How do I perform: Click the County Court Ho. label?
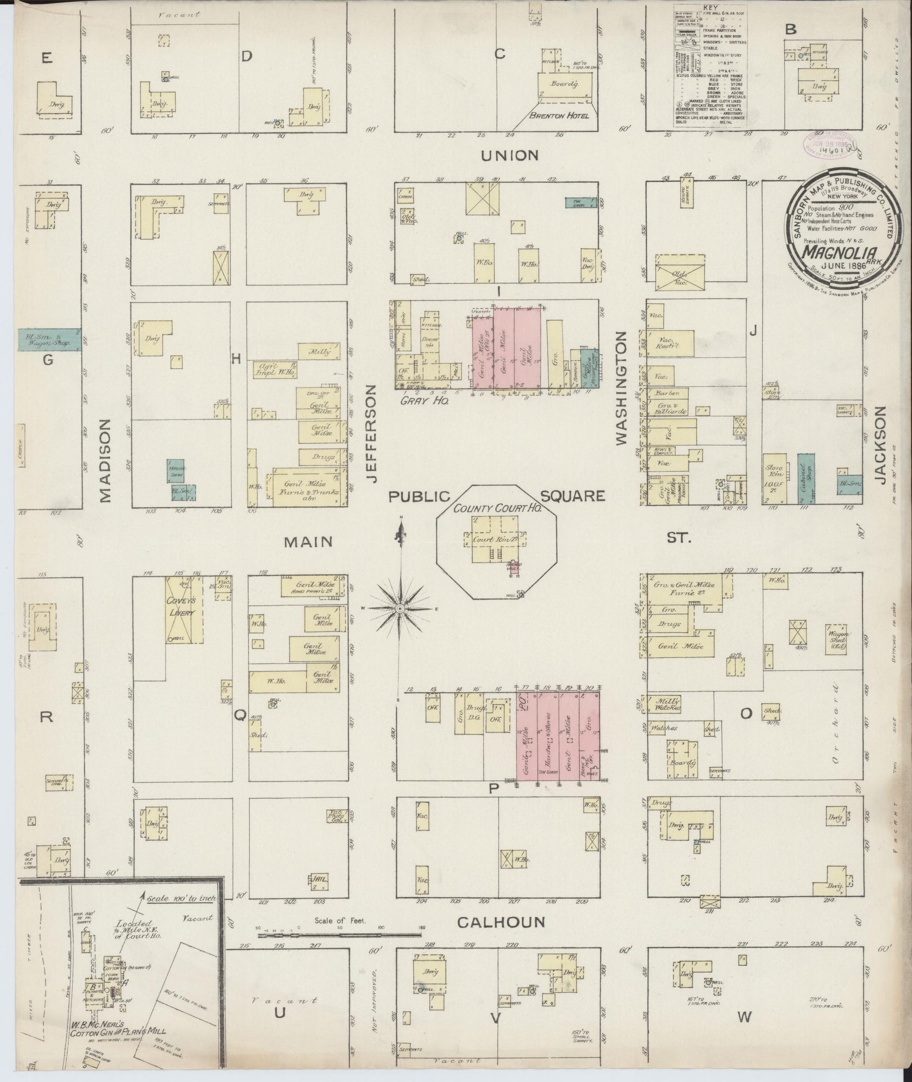pyautogui.click(x=497, y=508)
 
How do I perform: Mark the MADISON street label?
pyautogui.click(x=105, y=460)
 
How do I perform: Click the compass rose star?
pyautogui.click(x=400, y=609)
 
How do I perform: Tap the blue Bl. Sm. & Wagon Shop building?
pyautogui.click(x=50, y=340)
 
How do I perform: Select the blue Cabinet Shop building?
pyautogui.click(x=806, y=479)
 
